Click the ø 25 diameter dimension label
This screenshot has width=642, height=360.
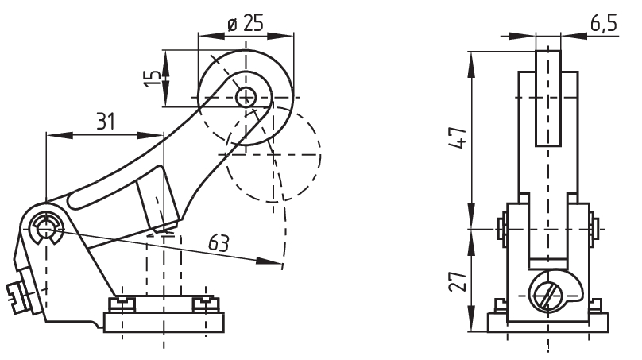(x=245, y=23)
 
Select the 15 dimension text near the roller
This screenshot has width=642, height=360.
(x=151, y=78)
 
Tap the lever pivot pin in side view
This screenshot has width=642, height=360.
(x=47, y=228)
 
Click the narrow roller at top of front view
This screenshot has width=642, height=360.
(x=547, y=98)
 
